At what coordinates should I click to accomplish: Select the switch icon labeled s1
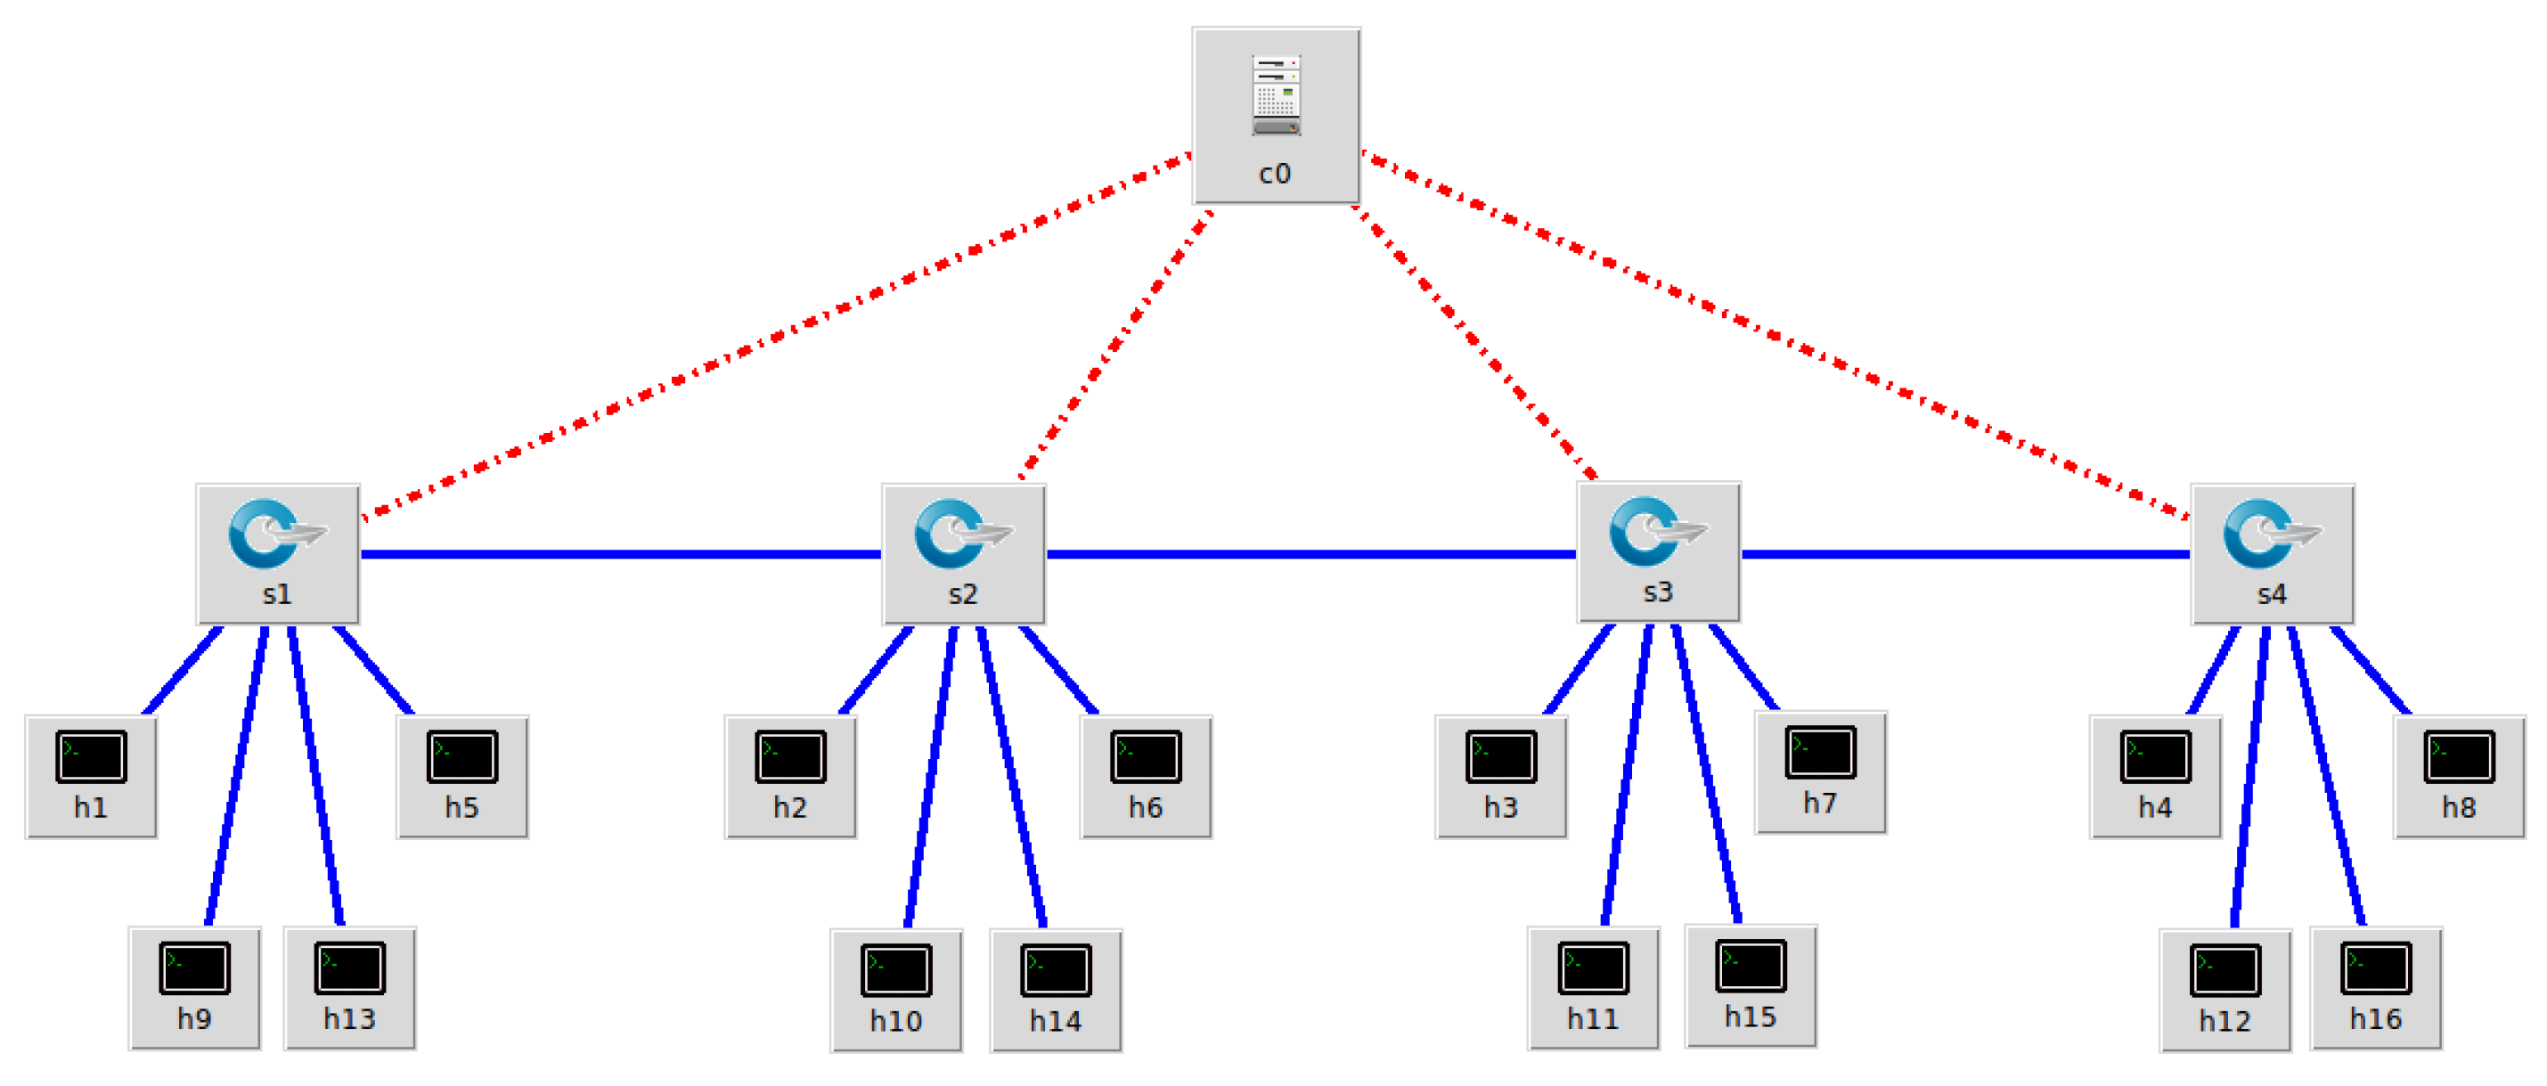[x=278, y=553]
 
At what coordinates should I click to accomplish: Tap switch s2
[x=963, y=553]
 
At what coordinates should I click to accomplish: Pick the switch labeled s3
[x=1658, y=551]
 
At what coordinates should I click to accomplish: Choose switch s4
[x=2271, y=553]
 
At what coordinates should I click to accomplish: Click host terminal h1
[x=91, y=777]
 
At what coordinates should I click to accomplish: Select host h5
[x=461, y=777]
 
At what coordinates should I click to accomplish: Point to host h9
[x=195, y=987]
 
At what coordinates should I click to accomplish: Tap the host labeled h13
[x=349, y=987]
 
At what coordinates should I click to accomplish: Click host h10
[x=896, y=989]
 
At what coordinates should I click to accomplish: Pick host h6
[x=1145, y=777]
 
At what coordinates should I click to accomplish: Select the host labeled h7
[x=1819, y=772]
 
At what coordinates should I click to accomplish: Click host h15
[x=1750, y=985]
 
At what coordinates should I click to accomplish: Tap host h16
[x=2375, y=987]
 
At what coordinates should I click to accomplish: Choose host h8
[x=2458, y=777]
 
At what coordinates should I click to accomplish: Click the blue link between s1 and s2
[x=620, y=554]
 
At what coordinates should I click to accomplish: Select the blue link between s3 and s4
[x=1964, y=554]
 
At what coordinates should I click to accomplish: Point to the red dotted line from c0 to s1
[x=777, y=335]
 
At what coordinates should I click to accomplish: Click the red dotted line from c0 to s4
[x=1775, y=335]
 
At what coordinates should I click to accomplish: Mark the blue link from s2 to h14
[x=1011, y=777]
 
